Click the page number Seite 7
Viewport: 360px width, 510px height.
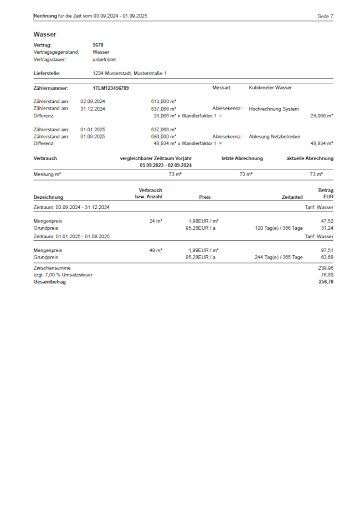coord(325,17)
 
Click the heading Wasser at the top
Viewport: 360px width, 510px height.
coord(44,34)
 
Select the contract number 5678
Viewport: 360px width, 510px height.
coord(98,45)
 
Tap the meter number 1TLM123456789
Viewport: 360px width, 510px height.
coord(111,87)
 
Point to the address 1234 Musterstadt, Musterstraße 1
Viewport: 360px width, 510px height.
coord(130,73)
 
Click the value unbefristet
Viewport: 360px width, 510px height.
coord(104,59)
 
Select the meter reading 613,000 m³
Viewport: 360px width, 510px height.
coord(163,102)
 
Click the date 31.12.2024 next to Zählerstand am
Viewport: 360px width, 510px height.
coord(92,109)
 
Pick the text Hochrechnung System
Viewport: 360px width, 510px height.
coord(274,109)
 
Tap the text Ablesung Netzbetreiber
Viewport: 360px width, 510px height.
coord(275,136)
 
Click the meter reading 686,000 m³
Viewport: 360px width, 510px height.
coord(163,136)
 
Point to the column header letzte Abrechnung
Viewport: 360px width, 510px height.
coord(242,158)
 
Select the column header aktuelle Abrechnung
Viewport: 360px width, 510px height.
coord(310,158)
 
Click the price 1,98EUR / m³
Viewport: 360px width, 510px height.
coord(203,220)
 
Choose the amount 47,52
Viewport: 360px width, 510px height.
coord(327,220)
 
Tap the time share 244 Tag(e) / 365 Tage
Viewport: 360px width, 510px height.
coord(279,257)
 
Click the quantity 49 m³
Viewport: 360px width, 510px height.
coord(156,250)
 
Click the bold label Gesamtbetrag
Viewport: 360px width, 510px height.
coord(49,282)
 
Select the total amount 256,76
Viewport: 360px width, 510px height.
coord(325,282)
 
